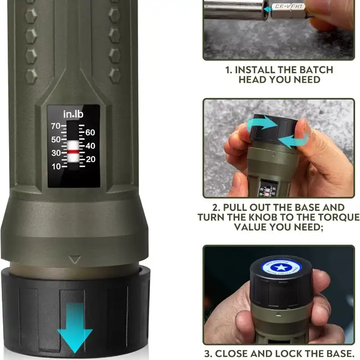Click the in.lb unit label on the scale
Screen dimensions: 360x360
pyautogui.click(x=73, y=114)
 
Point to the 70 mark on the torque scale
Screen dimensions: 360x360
pyautogui.click(x=56, y=126)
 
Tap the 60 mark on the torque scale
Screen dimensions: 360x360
pyautogui.click(x=90, y=133)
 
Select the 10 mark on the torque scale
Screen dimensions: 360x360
pyautogui.click(x=56, y=166)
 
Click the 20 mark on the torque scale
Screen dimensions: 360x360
pyautogui.click(x=90, y=159)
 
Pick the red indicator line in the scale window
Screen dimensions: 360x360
pyautogui.click(x=73, y=152)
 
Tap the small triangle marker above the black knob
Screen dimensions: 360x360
pyautogui.click(x=75, y=260)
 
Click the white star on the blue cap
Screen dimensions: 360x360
pyautogui.click(x=275, y=267)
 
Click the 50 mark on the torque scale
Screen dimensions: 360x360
pyautogui.click(x=56, y=140)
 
